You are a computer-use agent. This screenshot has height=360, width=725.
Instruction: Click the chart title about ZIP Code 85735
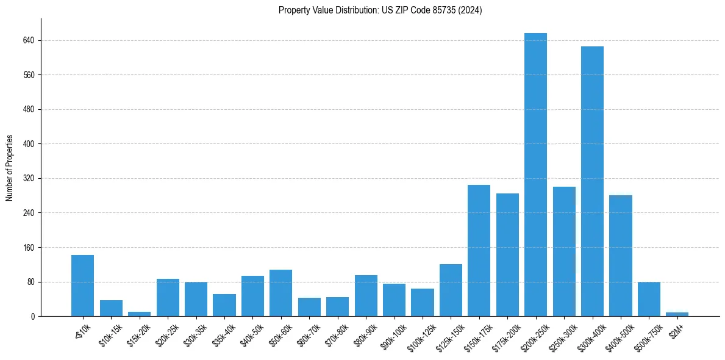380,10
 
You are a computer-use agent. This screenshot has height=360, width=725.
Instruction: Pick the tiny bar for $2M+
677,314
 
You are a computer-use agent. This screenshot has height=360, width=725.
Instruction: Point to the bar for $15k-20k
139,314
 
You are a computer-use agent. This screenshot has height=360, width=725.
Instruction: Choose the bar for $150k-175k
479,250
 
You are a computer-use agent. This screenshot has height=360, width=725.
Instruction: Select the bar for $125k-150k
451,290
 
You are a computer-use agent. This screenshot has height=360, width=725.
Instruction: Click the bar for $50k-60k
280,293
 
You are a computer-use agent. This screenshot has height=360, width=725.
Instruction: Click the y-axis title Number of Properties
10,168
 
